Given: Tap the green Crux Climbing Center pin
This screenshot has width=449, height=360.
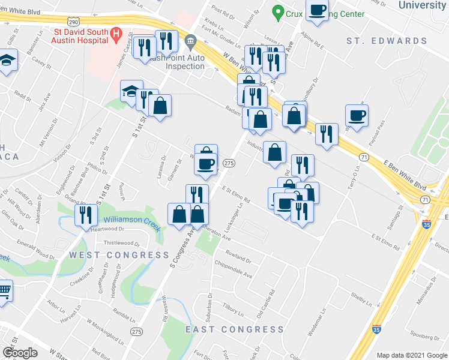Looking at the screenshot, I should coord(277,11).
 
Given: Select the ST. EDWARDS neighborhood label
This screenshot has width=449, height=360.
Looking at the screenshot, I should coord(387,41).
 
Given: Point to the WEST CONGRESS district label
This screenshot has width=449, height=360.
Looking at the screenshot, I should coord(119,255).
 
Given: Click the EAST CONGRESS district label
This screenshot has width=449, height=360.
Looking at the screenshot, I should coord(234,329).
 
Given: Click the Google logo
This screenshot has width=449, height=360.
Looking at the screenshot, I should coord(20,353).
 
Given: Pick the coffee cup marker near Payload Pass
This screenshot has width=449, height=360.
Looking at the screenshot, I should coord(356,115).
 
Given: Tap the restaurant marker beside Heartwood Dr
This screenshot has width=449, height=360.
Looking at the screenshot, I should coord(86,214).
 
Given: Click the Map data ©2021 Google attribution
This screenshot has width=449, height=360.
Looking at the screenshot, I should coord(411,355).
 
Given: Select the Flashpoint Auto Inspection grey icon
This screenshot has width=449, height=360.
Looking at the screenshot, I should coord(191,42).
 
